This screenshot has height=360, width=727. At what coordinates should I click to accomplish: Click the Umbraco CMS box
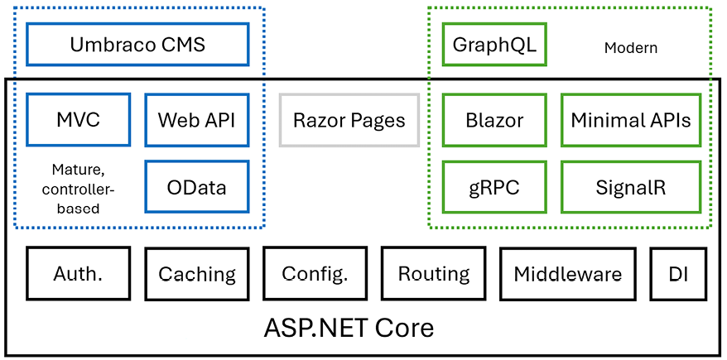(x=137, y=44)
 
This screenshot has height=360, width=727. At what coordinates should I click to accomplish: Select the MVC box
(x=79, y=120)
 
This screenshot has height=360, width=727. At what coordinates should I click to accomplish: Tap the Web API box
(x=197, y=120)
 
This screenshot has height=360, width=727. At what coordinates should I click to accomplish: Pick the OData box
(x=197, y=187)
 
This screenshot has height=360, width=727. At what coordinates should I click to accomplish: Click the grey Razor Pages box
(x=349, y=120)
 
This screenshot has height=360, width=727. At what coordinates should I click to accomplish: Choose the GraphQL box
(x=494, y=44)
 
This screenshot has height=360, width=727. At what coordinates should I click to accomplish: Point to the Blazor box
(x=494, y=120)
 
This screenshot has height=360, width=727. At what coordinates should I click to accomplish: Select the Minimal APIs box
(x=631, y=120)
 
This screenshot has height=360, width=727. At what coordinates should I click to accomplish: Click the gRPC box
(x=494, y=187)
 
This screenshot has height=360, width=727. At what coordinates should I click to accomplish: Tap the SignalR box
(x=631, y=187)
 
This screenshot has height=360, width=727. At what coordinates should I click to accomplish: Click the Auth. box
(x=79, y=273)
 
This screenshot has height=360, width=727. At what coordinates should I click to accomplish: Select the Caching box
(x=197, y=273)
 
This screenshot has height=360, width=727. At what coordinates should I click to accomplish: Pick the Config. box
(x=315, y=273)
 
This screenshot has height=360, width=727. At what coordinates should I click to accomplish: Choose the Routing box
(x=434, y=273)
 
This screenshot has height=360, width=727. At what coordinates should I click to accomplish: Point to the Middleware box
(x=568, y=273)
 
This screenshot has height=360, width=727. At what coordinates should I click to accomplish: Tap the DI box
(x=680, y=273)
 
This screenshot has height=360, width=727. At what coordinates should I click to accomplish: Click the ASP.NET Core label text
(x=349, y=328)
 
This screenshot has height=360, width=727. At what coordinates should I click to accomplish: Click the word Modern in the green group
(x=630, y=48)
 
